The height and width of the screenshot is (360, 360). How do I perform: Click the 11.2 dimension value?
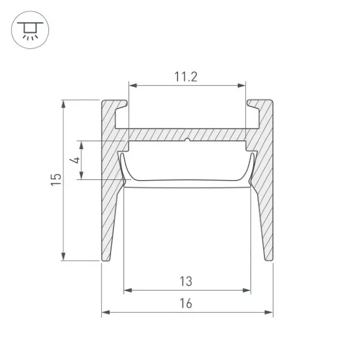[x=186, y=77]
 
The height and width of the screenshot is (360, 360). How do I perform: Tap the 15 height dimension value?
[x=56, y=180]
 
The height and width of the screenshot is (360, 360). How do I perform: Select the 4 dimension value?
[x=75, y=160]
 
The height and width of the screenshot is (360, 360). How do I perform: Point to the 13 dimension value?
[x=186, y=281]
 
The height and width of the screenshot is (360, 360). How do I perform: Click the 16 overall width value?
[x=186, y=304]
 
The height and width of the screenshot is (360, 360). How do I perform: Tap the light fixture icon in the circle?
[x=30, y=30]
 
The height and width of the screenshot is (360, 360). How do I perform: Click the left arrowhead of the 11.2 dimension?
[x=133, y=86]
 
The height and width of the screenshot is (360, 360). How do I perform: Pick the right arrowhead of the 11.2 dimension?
[x=241, y=86]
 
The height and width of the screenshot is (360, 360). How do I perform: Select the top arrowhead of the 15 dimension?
[x=63, y=104]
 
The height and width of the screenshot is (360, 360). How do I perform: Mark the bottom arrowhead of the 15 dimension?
[x=63, y=256]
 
